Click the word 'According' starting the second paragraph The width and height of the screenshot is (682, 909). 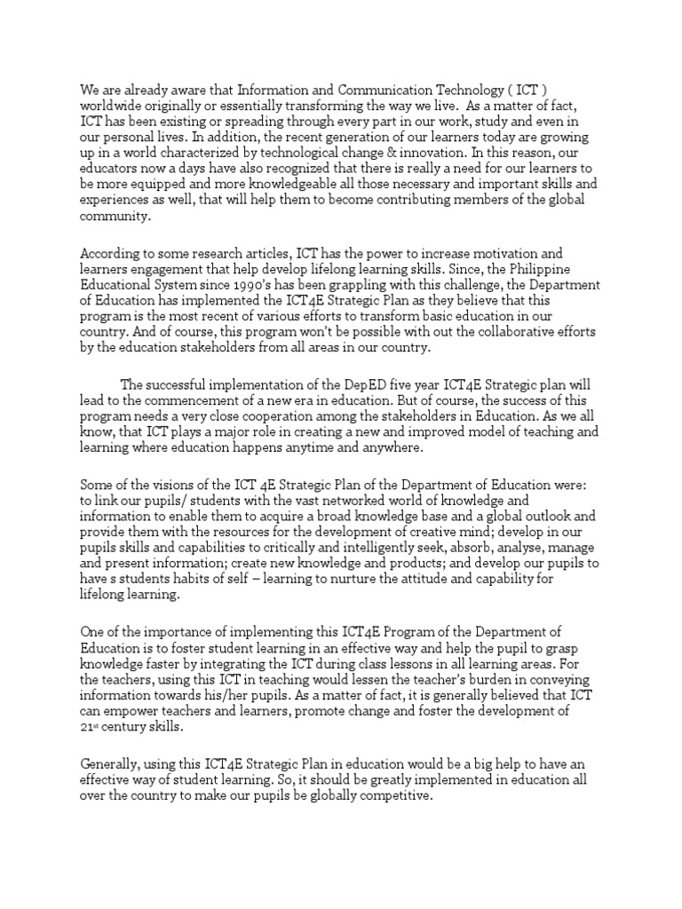pos(111,253)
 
